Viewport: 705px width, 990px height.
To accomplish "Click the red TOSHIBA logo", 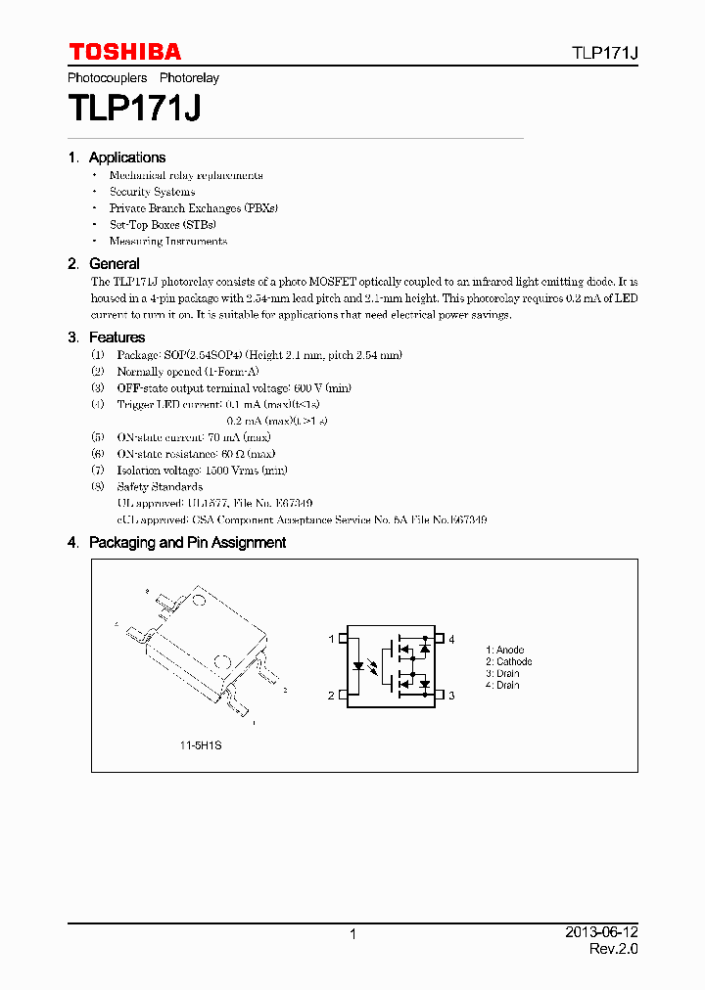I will pyautogui.click(x=124, y=52).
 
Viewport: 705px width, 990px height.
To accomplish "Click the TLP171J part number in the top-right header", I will pyautogui.click(x=605, y=54).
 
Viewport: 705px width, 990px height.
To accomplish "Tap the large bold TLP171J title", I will pyautogui.click(x=134, y=107).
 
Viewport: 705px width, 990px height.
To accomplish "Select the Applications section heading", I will pyautogui.click(x=126, y=157).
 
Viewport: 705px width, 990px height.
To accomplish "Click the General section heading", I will pyautogui.click(x=114, y=264).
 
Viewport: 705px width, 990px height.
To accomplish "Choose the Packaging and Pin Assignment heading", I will pyautogui.click(x=187, y=543).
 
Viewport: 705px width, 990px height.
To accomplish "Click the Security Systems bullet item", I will pyautogui.click(x=152, y=192).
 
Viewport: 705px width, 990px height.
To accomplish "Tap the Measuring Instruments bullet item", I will pyautogui.click(x=167, y=242).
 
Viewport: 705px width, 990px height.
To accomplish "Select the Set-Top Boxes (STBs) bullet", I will pyautogui.click(x=163, y=225).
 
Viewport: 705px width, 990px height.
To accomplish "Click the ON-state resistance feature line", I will pyautogui.click(x=196, y=454).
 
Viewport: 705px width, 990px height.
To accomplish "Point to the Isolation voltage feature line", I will pyautogui.click(x=202, y=471).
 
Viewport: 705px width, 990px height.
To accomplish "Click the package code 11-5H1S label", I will pyautogui.click(x=200, y=745).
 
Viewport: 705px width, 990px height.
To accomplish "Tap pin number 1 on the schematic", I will pyautogui.click(x=331, y=640).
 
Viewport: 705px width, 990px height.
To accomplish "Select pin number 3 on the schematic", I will pyautogui.click(x=451, y=696).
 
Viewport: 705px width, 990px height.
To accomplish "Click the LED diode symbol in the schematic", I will pyautogui.click(x=358, y=667).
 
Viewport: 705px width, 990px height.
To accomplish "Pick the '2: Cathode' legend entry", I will pyautogui.click(x=509, y=662).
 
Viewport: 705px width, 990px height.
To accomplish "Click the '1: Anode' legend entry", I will pyautogui.click(x=505, y=651).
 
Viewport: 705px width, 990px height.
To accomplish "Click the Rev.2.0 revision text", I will pyautogui.click(x=613, y=950).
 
